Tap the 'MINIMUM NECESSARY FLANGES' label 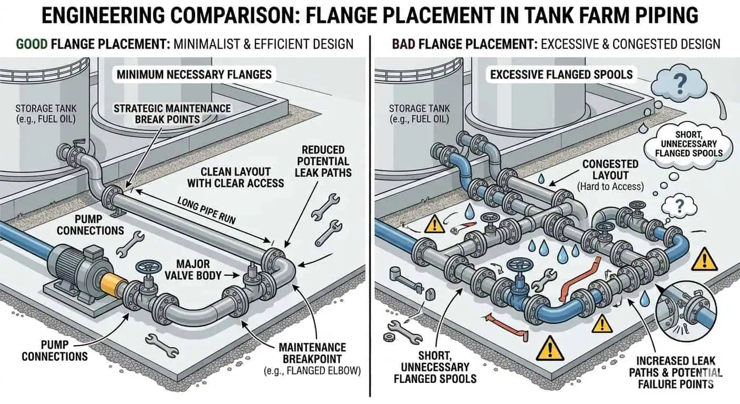194,74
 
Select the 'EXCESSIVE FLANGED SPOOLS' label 561,74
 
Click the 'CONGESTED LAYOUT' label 610,170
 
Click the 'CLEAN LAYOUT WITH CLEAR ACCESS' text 242,177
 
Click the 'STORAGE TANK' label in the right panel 419,114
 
